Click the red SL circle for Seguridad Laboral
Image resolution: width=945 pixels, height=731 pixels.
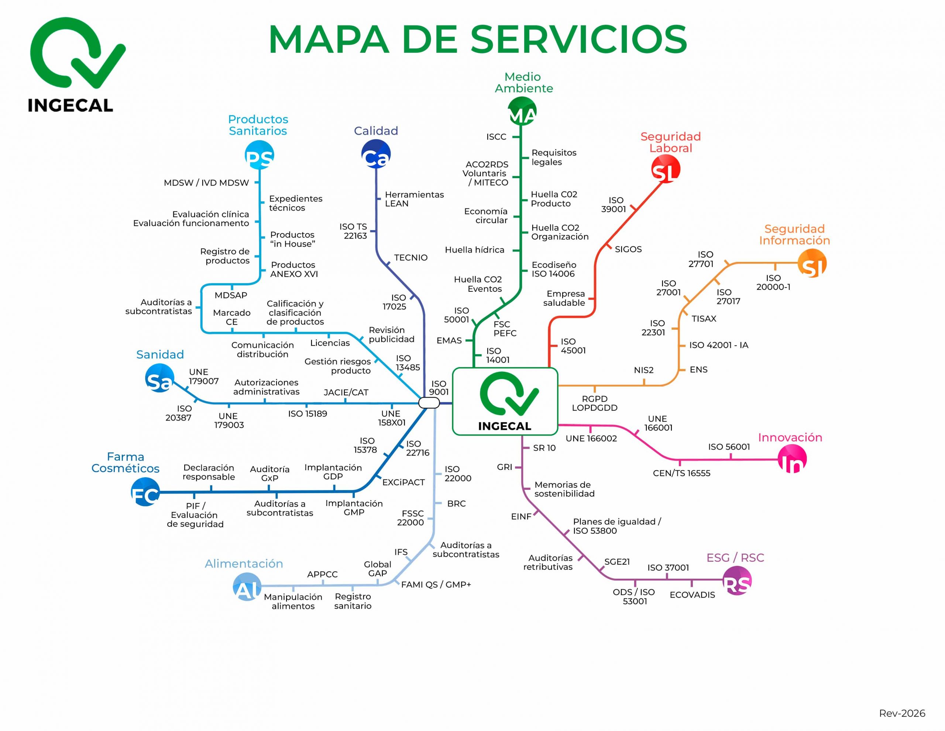click(666, 169)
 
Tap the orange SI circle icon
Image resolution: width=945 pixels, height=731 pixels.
click(812, 263)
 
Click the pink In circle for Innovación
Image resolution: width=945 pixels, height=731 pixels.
click(792, 459)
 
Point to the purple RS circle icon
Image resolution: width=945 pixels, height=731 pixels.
click(737, 581)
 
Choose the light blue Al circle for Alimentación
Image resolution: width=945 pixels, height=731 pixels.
click(247, 587)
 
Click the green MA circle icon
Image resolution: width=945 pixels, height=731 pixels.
click(522, 111)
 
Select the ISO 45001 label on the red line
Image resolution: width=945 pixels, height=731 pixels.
click(573, 346)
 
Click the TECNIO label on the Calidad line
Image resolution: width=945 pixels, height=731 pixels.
click(410, 258)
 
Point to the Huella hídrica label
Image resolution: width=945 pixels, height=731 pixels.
click(474, 250)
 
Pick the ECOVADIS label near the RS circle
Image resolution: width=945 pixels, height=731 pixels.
click(692, 595)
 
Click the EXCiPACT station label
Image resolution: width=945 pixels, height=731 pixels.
click(403, 482)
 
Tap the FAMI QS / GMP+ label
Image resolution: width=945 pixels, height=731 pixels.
click(436, 585)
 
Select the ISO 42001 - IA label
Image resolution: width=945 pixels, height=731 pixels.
click(718, 345)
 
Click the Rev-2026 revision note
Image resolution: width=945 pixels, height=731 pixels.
click(902, 713)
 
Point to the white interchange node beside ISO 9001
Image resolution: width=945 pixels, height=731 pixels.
click(429, 403)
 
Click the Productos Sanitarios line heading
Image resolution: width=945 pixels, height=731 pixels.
click(258, 125)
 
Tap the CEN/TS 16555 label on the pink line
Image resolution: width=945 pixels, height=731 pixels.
click(681, 473)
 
